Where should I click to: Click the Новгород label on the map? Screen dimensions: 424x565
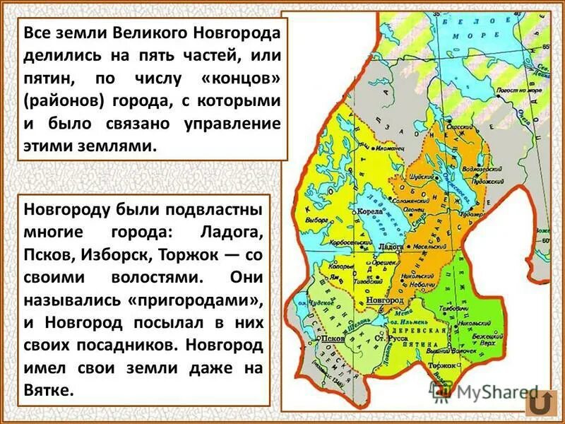385,301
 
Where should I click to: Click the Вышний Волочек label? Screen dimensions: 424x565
452,351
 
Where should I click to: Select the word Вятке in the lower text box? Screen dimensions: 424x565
49,390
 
